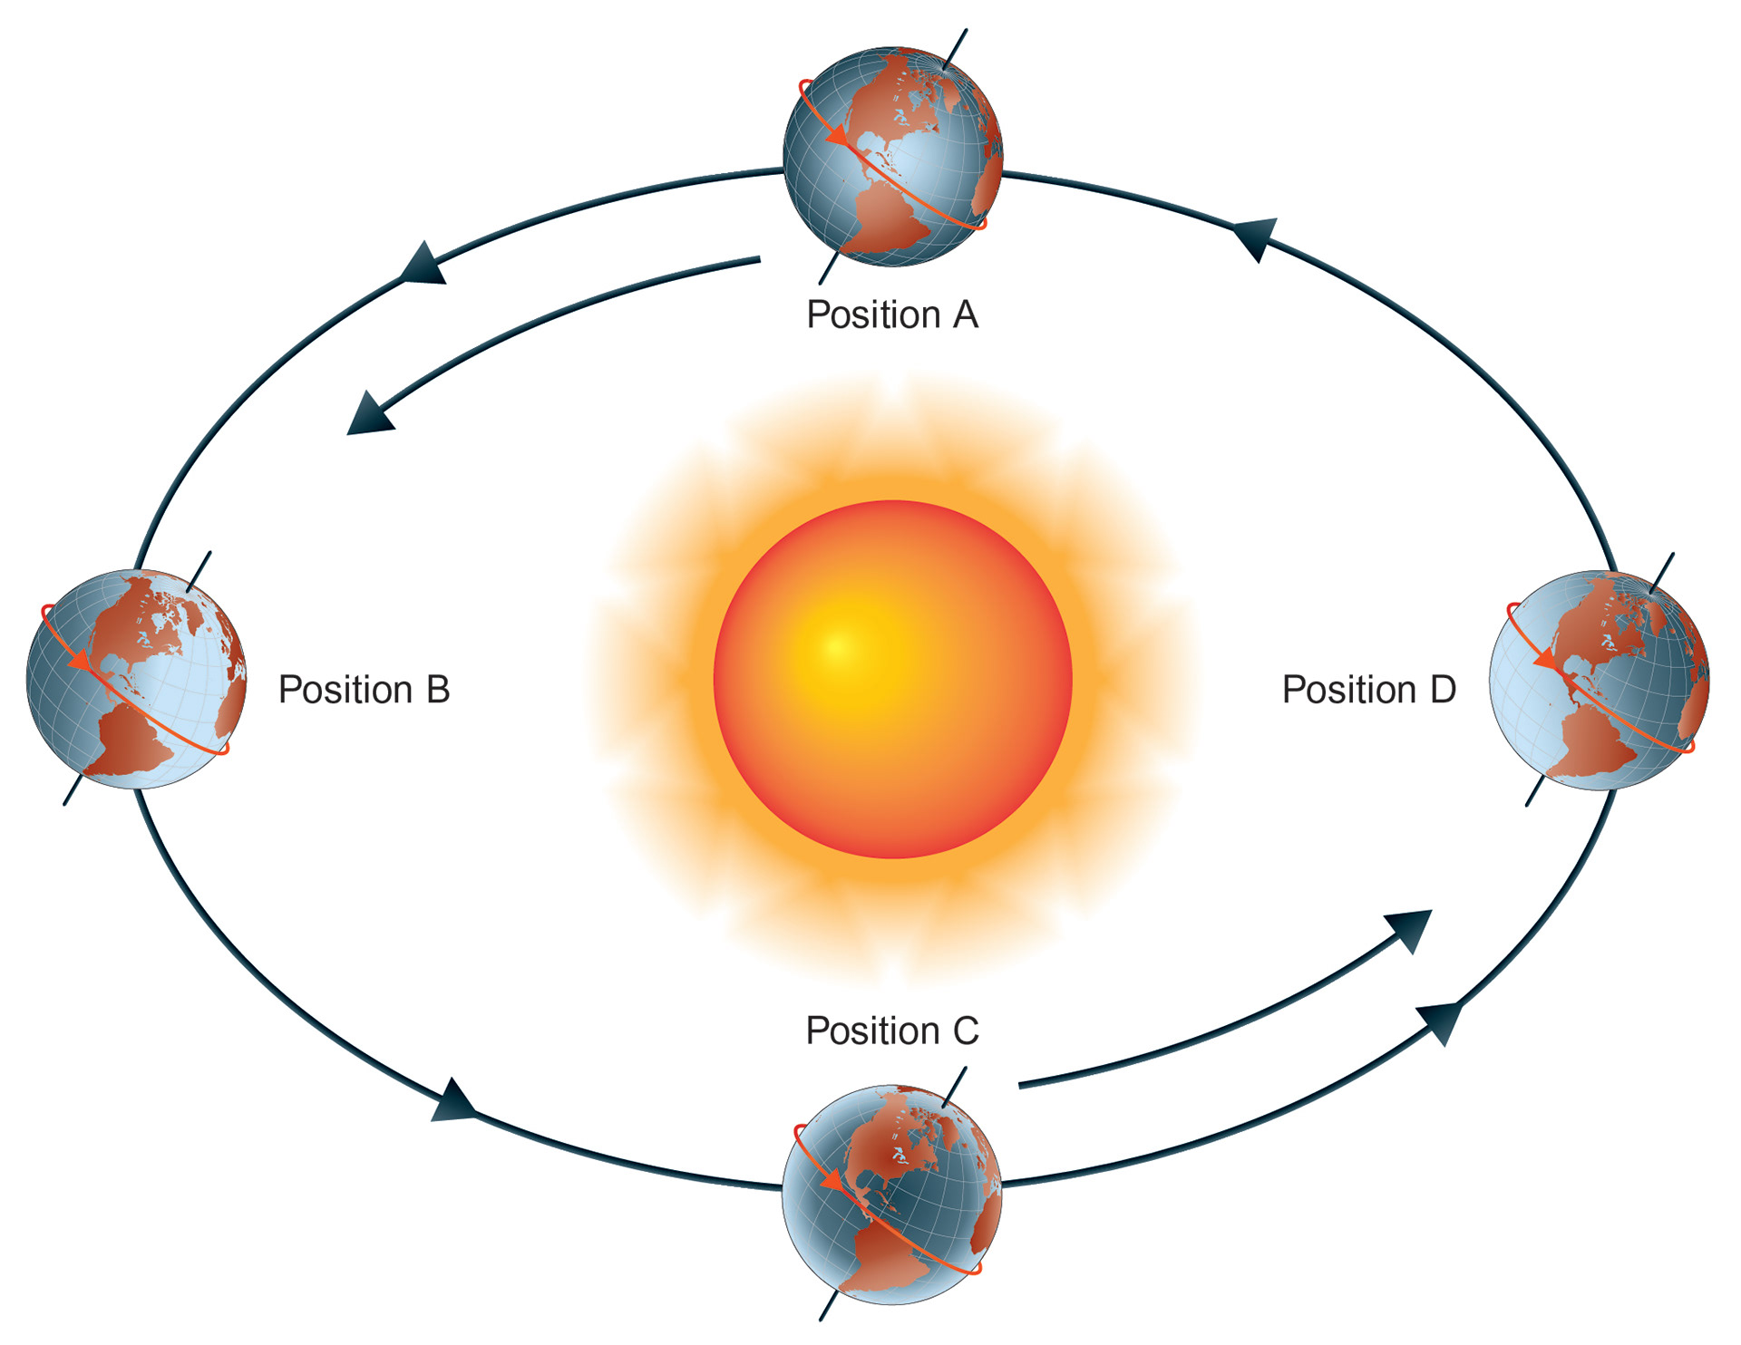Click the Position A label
pyautogui.click(x=892, y=315)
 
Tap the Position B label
pyautogui.click(x=364, y=690)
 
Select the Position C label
pyautogui.click(x=892, y=1031)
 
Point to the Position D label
pyautogui.click(x=1368, y=690)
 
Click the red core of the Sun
pyautogui.click(x=892, y=679)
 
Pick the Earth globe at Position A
pyautogui.click(x=893, y=157)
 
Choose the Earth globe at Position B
pyautogui.click(x=136, y=679)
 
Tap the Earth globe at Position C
pyautogui.click(x=892, y=1195)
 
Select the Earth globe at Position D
pyautogui.click(x=1599, y=680)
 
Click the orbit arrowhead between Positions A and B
pyautogui.click(x=424, y=264)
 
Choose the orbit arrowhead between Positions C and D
pyautogui.click(x=1441, y=1021)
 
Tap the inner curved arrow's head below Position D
pyautogui.click(x=1410, y=930)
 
